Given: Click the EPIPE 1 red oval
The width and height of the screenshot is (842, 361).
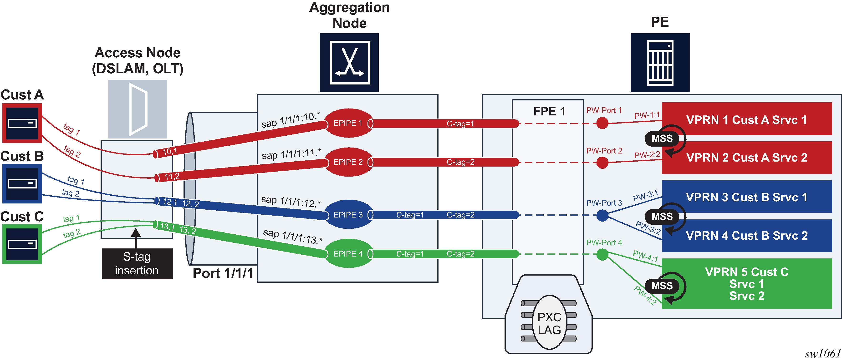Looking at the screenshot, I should [348, 123].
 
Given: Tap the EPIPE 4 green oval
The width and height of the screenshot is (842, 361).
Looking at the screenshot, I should [348, 254].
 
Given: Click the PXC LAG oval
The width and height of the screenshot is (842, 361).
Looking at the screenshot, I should [549, 323].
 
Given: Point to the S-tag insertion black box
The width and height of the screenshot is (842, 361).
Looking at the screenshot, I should [137, 264].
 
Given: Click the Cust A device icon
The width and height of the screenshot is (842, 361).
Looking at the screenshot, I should [22, 123].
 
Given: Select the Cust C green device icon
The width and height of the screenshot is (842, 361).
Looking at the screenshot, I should [22, 244].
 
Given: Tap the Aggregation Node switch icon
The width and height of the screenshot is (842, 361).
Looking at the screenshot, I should [349, 62].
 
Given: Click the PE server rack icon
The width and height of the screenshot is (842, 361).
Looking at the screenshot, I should [660, 62].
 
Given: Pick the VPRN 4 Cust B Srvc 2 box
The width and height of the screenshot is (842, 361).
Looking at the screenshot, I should [747, 235].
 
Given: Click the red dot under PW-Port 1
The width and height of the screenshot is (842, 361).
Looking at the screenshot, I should [602, 123].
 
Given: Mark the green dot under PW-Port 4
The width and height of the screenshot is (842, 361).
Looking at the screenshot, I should [602, 254].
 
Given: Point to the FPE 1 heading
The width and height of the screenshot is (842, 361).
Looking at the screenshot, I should [549, 111].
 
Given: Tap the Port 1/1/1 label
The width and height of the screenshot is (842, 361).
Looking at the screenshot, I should [223, 273].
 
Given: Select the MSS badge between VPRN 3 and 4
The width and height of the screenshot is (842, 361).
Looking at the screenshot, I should [662, 216].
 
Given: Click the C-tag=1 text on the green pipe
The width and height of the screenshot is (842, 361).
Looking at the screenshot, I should [410, 254].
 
